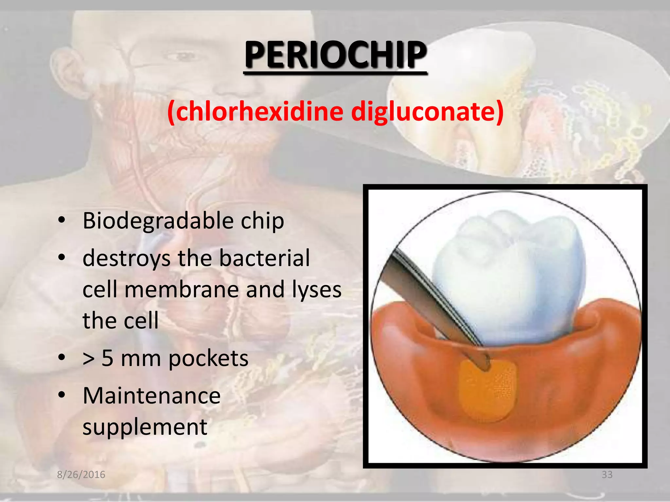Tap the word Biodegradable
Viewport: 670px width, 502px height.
click(x=158, y=221)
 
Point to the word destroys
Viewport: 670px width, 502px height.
click(x=126, y=258)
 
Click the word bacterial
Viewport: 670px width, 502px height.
click(x=264, y=258)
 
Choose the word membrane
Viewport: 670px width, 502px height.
click(x=181, y=290)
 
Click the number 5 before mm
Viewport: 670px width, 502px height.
click(x=108, y=358)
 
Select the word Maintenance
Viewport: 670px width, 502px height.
click(x=151, y=395)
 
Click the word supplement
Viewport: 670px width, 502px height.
click(x=145, y=427)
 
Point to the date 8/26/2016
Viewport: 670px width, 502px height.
click(x=81, y=475)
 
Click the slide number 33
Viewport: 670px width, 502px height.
click(x=607, y=475)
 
